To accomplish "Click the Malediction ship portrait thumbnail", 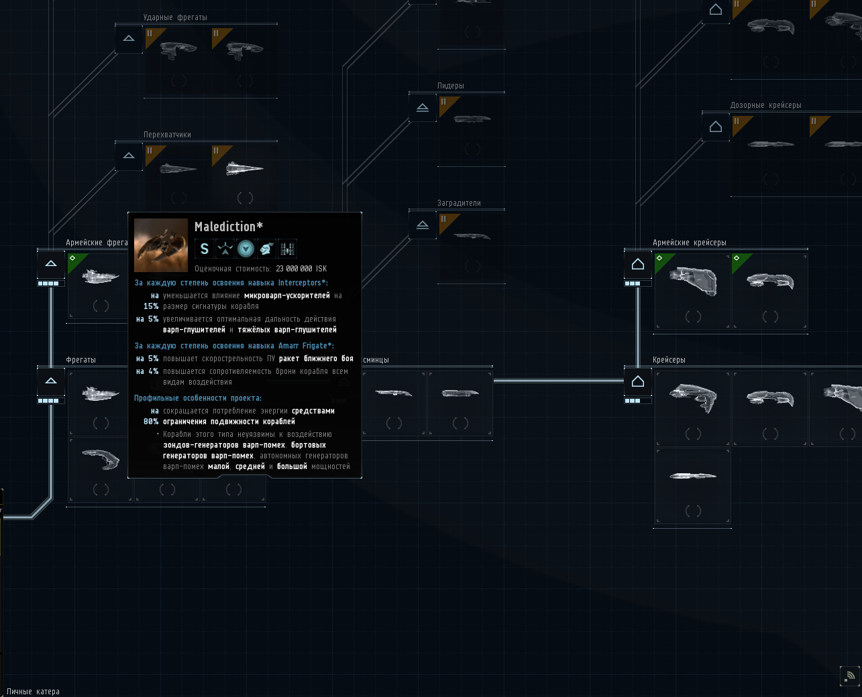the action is (x=161, y=245).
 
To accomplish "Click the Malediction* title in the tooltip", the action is (x=229, y=227).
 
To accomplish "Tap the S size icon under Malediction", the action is (x=205, y=249).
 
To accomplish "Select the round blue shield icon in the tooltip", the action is (x=246, y=249).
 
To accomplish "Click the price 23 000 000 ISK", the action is (x=301, y=269).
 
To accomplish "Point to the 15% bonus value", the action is (x=151, y=306).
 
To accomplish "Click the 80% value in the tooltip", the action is (x=151, y=422).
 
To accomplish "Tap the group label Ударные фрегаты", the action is (x=175, y=17).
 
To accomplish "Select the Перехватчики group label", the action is (x=167, y=135).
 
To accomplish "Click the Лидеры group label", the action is (x=450, y=86).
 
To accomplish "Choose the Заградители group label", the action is (x=459, y=203).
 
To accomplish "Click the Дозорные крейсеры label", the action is (x=765, y=105).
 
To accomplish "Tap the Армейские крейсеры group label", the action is (x=690, y=243).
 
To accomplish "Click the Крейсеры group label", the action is (x=669, y=360).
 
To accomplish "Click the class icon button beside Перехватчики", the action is (x=129, y=156).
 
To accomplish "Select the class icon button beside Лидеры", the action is (x=423, y=107).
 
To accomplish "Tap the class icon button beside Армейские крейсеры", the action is (x=638, y=265).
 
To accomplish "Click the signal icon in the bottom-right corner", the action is (x=849, y=676).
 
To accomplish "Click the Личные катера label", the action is (x=33, y=692).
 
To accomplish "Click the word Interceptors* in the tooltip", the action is (x=303, y=283).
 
